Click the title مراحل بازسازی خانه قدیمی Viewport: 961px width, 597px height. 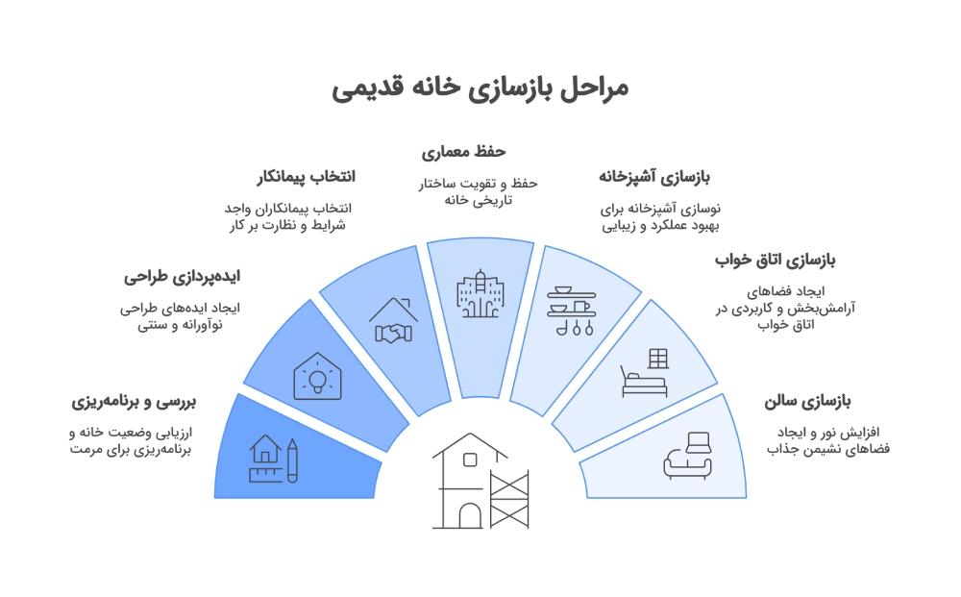click(x=480, y=88)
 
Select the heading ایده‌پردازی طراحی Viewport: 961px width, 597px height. click(x=182, y=278)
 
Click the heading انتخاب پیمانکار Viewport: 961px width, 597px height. click(x=306, y=177)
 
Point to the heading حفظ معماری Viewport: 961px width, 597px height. click(x=464, y=152)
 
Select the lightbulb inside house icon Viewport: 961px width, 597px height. click(x=316, y=375)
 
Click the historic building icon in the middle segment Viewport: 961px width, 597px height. click(x=480, y=294)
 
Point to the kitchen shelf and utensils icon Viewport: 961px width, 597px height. click(x=571, y=311)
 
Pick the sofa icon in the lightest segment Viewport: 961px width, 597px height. click(x=688, y=455)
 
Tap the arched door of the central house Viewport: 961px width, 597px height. click(x=469, y=515)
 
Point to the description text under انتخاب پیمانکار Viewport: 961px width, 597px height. click(x=286, y=216)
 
